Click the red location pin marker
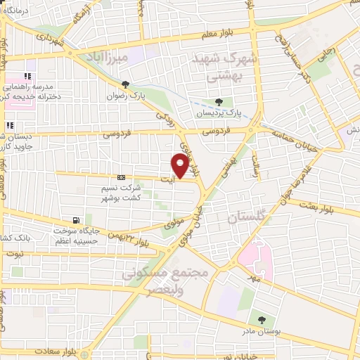pyautogui.click(x=180, y=165)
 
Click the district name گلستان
pyautogui.click(x=243, y=219)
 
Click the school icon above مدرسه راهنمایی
pyautogui.click(x=28, y=77)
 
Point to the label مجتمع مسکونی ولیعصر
pyautogui.click(x=169, y=280)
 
